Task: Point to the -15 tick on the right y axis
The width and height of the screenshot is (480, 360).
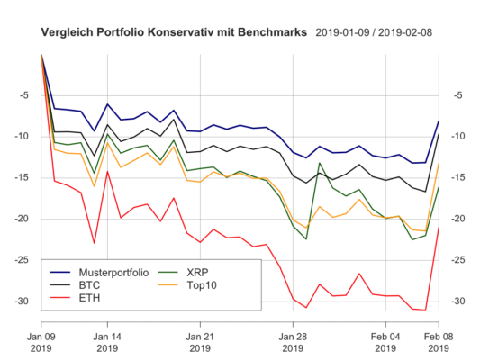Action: click(457, 178)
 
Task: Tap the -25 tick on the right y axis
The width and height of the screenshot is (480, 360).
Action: click(457, 260)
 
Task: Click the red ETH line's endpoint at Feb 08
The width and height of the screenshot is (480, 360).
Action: click(439, 228)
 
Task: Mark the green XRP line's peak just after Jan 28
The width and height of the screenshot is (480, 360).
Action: click(320, 164)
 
